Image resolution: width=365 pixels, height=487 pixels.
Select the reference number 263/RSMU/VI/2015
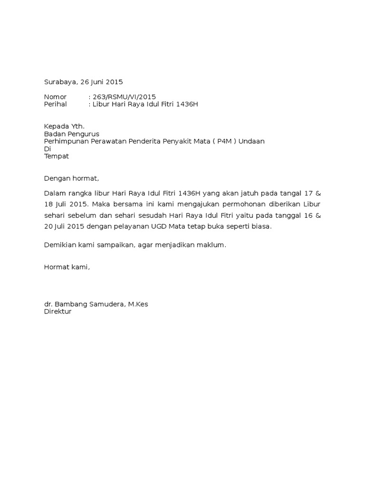click(124, 97)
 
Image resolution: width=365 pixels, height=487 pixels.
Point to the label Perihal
click(56, 104)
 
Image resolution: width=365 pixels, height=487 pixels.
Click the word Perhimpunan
click(67, 141)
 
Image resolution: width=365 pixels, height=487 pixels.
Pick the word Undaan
click(251, 141)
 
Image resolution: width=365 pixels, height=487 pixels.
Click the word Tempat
click(57, 156)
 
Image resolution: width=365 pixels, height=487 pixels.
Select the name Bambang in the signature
click(69, 304)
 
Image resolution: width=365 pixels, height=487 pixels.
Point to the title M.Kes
click(137, 304)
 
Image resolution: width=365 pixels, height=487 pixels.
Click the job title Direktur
click(58, 312)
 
